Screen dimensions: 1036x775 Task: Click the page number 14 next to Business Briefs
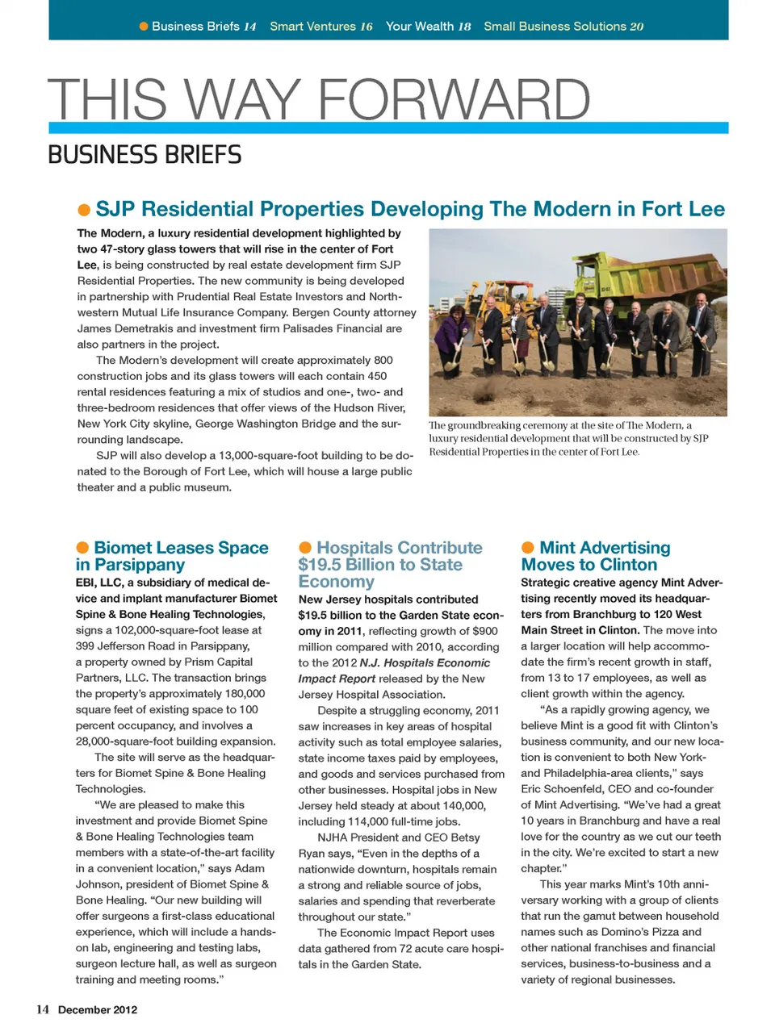click(250, 27)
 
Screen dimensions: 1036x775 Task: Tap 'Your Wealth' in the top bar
click(420, 27)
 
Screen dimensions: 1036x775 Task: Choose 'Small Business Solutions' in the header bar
click(554, 27)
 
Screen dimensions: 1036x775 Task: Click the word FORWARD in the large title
click(455, 100)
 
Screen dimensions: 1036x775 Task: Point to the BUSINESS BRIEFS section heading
click(145, 154)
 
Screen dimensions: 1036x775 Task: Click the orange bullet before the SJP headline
click(84, 211)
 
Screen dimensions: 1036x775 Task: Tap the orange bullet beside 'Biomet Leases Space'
click(82, 549)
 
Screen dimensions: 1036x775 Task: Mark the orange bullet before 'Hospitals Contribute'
click(305, 549)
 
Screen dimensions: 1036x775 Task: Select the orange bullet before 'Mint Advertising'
click(528, 549)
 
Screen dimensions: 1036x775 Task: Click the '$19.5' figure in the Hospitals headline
click(316, 565)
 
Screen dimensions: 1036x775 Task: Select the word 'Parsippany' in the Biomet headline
click(139, 565)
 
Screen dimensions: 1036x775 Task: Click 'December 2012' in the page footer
click(98, 1009)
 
